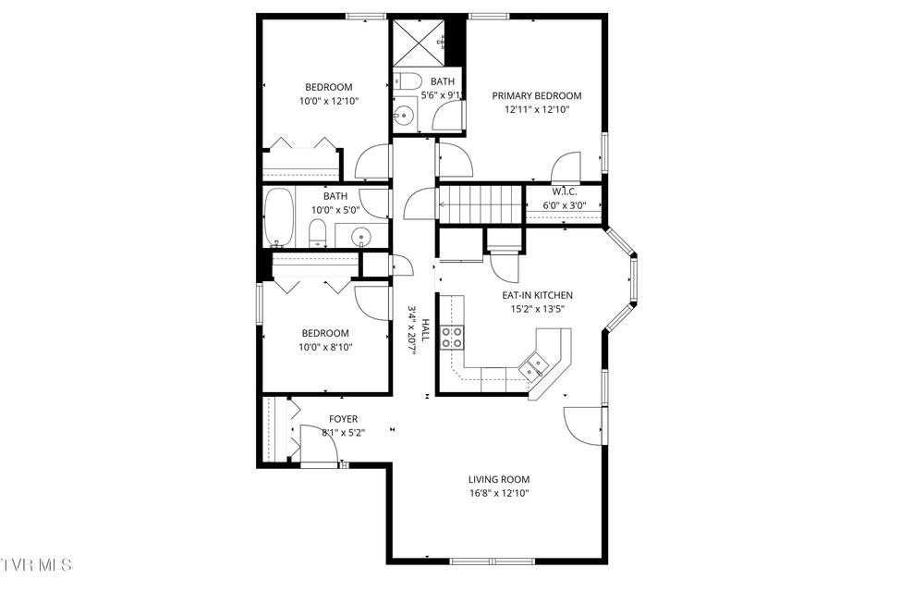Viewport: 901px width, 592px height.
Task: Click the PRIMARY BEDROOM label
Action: tap(537, 95)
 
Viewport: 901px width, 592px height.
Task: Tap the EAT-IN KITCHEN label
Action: tap(537, 295)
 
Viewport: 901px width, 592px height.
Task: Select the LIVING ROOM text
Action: tap(499, 479)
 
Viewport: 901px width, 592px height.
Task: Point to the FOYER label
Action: tap(343, 419)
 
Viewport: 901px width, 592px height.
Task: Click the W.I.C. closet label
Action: tap(565, 191)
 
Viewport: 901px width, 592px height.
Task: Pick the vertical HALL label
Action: tap(426, 330)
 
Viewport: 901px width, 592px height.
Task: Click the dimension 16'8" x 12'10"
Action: tap(499, 493)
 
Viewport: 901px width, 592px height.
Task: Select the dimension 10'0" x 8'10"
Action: tap(325, 347)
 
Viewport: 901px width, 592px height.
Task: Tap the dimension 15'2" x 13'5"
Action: tap(537, 309)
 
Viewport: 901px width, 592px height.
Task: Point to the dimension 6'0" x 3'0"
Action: tap(565, 205)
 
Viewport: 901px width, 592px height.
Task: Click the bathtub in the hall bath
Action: tap(279, 216)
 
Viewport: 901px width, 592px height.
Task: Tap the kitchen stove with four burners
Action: tap(452, 338)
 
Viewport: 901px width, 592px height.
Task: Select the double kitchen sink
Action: tap(534, 367)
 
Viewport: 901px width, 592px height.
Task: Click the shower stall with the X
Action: tap(419, 43)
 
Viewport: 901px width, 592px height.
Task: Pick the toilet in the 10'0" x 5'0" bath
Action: tap(318, 234)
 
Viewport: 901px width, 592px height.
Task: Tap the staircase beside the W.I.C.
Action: tap(481, 203)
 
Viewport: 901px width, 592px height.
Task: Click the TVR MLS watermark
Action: tap(36, 564)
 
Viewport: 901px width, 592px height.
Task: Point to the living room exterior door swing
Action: tap(583, 425)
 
